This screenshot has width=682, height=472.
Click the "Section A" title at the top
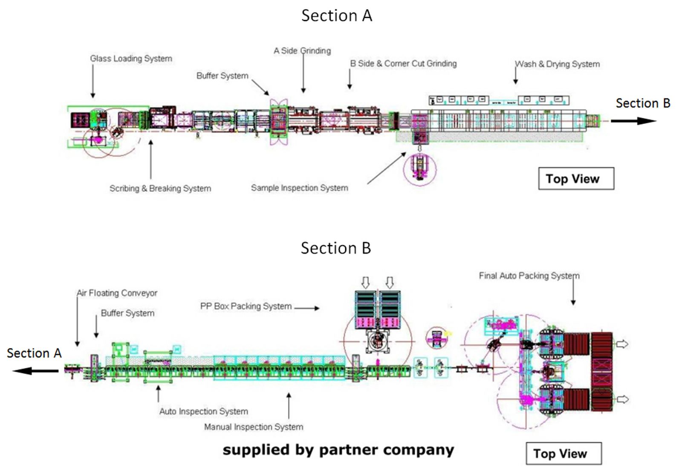click(x=336, y=16)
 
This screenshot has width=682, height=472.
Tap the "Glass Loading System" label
click(x=131, y=59)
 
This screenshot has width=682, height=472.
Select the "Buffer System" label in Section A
click(x=222, y=76)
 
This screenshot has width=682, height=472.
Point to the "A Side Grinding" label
click(x=302, y=51)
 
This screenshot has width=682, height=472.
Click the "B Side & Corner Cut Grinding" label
click(x=403, y=63)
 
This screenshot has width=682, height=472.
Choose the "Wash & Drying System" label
click(x=557, y=64)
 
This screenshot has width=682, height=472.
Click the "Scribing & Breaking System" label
click(x=160, y=188)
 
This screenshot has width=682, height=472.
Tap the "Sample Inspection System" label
click(x=299, y=188)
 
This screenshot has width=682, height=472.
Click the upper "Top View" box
click(x=576, y=179)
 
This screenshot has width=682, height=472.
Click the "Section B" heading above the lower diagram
click(x=335, y=248)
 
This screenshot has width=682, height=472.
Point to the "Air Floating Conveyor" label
click(x=117, y=293)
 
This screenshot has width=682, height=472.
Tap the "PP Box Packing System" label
click(x=246, y=306)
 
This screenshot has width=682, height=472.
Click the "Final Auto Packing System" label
click(x=529, y=276)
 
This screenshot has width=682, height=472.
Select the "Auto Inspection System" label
click(x=203, y=411)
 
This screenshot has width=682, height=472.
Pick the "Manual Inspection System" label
click(x=253, y=426)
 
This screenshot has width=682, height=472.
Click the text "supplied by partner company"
click(x=338, y=449)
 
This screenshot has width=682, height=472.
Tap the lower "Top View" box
click(x=564, y=454)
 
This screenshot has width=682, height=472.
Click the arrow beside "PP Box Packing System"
click(x=307, y=308)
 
